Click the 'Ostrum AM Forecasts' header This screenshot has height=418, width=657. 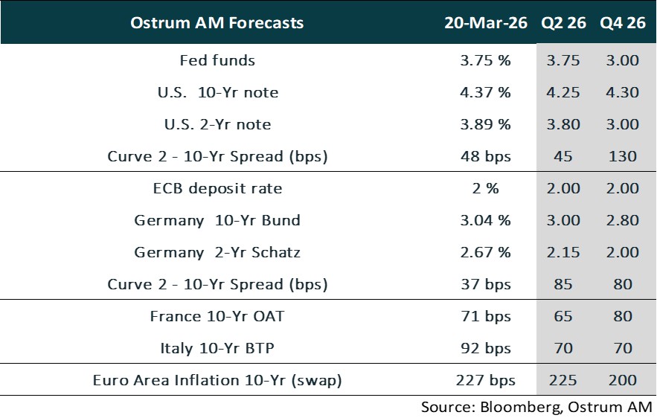(x=217, y=23)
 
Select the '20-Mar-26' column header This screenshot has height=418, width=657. (x=485, y=23)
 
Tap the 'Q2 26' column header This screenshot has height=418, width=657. (x=563, y=23)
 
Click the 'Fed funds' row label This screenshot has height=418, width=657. (x=217, y=61)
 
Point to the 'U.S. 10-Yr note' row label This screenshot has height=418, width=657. (x=217, y=93)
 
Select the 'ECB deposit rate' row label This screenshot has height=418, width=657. (x=217, y=188)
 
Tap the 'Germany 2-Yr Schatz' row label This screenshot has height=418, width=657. (x=217, y=252)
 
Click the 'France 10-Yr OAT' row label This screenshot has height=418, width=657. (x=217, y=316)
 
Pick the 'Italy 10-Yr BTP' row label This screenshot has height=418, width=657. (x=217, y=348)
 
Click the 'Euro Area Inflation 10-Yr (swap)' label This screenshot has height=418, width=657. (x=217, y=380)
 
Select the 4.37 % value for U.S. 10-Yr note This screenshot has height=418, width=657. (x=485, y=93)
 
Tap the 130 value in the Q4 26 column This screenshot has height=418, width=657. (x=622, y=156)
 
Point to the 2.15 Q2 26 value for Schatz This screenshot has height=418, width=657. (x=563, y=252)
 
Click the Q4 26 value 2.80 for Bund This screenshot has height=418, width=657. (x=622, y=220)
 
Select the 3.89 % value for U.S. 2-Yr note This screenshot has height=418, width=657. (x=485, y=125)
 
